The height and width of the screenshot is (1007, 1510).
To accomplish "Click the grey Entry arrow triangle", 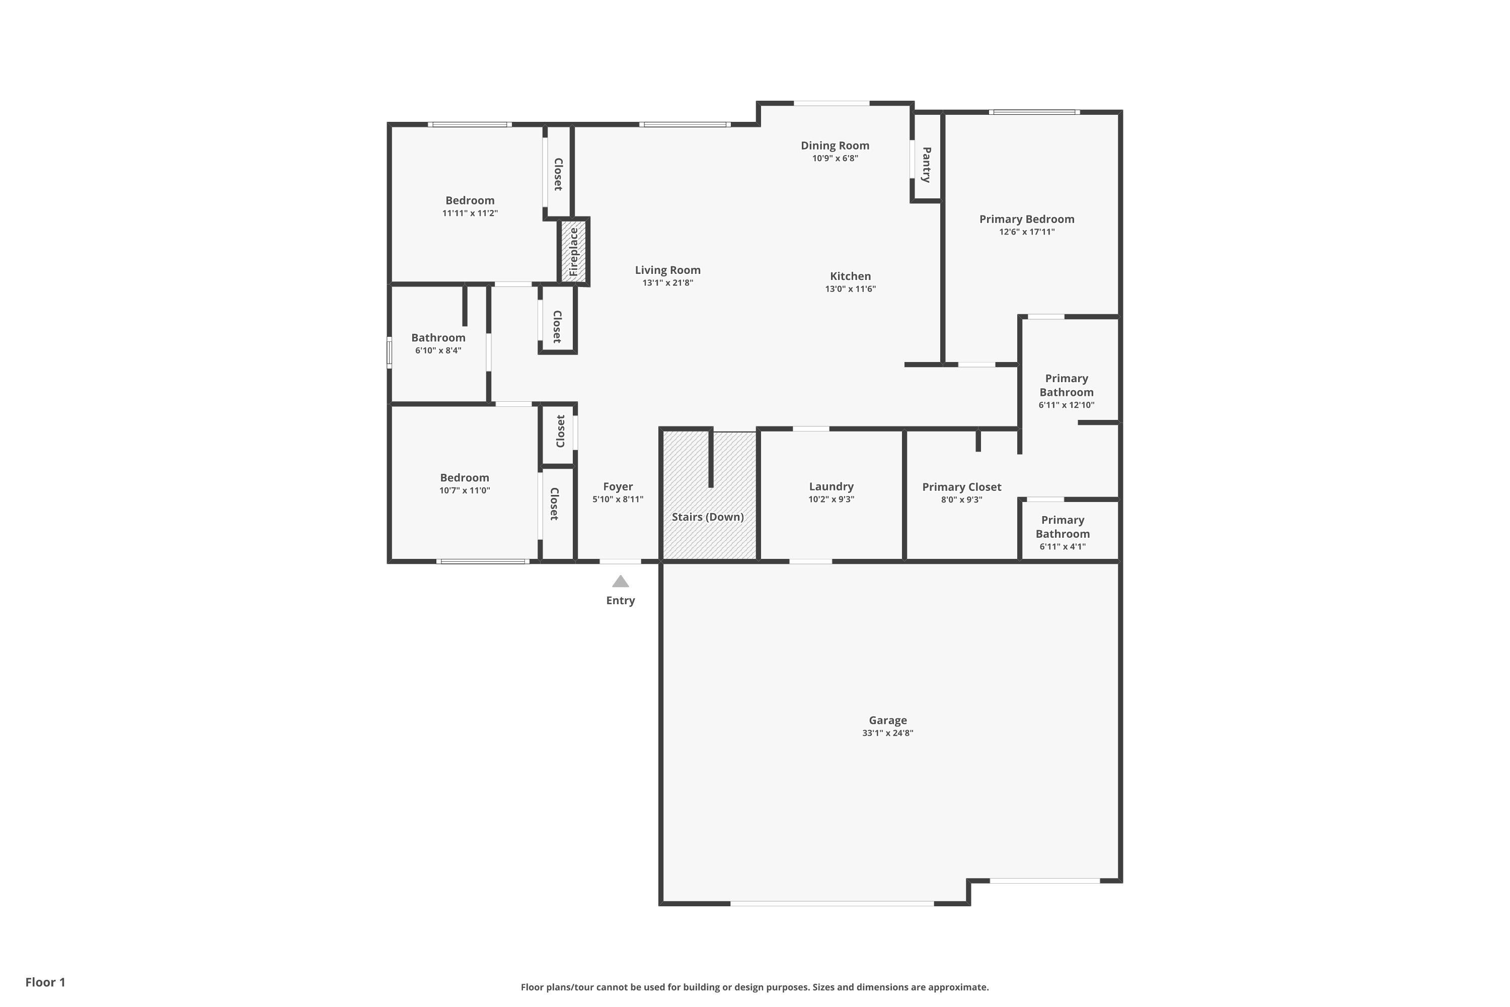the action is (620, 581).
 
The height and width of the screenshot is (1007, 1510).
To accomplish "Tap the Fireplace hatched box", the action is (573, 252).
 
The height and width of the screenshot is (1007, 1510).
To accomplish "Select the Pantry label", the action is (927, 165).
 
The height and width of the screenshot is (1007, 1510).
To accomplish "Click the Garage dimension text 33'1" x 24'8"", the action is (888, 733).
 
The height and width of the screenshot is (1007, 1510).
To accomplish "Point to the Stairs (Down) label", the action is (708, 517).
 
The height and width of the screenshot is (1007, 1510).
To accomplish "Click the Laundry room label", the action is (832, 487).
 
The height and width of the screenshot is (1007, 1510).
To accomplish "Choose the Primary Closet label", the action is (962, 487).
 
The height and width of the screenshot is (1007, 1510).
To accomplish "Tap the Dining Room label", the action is (835, 146).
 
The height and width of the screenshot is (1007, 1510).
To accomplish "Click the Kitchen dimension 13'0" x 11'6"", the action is (851, 289).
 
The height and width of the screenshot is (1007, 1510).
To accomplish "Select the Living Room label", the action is (668, 270).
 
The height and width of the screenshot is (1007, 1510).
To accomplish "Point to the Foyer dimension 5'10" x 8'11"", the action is (618, 499).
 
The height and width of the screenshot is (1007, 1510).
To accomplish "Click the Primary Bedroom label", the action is (1027, 220).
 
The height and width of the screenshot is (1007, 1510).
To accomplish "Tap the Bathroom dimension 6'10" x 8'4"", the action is (438, 350).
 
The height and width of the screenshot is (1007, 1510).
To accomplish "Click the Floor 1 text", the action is (46, 982).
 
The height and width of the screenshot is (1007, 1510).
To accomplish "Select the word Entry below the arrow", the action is (620, 601).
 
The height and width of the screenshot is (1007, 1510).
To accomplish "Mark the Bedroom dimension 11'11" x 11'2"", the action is (470, 213).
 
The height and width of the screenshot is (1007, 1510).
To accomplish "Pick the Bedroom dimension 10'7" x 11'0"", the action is (465, 490).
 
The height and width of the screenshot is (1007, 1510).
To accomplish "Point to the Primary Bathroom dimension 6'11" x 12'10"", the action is (1067, 405).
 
